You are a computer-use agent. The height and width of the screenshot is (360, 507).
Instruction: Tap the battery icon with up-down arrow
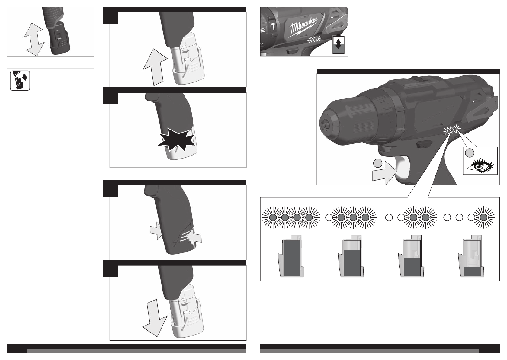pyautogui.click(x=338, y=44)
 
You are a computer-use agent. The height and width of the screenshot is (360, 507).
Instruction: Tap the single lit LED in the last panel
pyautogui.click(x=484, y=217)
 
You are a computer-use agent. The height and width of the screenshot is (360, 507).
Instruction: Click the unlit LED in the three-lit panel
pyautogui.click(x=329, y=217)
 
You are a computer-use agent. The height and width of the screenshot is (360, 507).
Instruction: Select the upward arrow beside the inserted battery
pyautogui.click(x=155, y=67)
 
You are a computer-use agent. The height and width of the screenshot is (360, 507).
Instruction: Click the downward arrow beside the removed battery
pyautogui.click(x=155, y=318)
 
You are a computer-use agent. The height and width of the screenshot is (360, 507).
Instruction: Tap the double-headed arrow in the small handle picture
pyautogui.click(x=34, y=39)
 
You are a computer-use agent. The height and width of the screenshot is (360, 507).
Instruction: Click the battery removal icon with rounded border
pyautogui.click(x=20, y=81)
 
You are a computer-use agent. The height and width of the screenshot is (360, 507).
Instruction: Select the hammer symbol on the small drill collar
pyautogui.click(x=273, y=26)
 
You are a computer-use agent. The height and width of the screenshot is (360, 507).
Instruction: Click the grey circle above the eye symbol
pyautogui.click(x=470, y=153)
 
